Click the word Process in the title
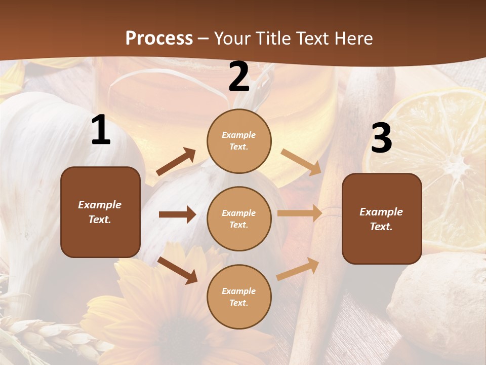coord(159,38)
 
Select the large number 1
coord(101,130)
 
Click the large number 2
coord(239,77)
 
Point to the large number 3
coord(381,138)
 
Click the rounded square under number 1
coord(100,212)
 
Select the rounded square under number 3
coord(382,218)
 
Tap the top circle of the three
coord(239,141)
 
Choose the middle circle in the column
coord(239,218)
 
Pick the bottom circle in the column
coord(239,297)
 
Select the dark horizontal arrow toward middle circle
coord(177,214)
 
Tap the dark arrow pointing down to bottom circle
coord(178,270)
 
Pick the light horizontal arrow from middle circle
coord(300,213)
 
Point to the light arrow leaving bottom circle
coord(298,269)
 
